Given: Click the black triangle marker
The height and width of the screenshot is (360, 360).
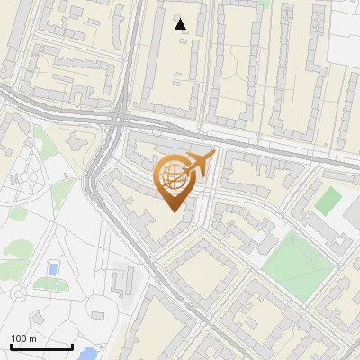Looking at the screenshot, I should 182,24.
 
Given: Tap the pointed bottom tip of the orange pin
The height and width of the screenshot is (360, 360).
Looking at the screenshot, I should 175,211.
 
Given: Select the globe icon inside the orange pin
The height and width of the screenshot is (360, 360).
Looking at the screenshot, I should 173,177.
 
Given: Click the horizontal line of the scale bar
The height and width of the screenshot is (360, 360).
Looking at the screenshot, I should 41,347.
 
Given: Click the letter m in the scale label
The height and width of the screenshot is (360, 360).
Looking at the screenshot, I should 32,338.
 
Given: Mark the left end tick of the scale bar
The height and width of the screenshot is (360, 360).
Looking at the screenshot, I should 11,346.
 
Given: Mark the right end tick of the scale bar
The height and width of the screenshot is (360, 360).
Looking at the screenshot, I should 72,346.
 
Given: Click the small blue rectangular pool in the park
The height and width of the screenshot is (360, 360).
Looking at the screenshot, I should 52,269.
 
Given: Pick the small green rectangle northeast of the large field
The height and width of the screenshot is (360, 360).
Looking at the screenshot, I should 328,200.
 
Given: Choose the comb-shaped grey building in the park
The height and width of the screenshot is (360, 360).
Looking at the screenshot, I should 121,280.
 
